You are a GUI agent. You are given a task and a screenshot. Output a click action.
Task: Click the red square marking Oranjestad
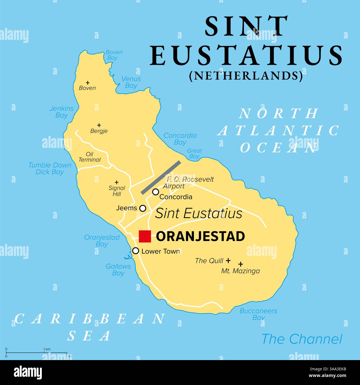[145, 236]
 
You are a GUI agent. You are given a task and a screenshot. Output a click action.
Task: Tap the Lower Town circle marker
[135, 251]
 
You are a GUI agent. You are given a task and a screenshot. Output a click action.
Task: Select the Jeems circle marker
[143, 208]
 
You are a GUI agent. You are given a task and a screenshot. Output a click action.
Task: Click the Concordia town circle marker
[156, 192]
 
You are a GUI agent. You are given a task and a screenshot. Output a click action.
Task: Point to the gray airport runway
[161, 177]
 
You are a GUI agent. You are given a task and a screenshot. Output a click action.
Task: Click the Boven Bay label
[114, 55]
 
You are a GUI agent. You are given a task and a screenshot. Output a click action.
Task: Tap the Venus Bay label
[131, 82]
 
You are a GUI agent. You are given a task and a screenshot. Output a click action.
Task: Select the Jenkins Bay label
[61, 112]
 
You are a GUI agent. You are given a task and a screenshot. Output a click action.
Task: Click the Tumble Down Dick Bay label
[50, 168]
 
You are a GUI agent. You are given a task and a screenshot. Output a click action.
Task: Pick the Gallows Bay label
[118, 269]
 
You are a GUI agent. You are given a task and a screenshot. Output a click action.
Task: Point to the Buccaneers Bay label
[258, 314]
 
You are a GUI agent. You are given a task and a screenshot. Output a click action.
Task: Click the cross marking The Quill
[228, 260]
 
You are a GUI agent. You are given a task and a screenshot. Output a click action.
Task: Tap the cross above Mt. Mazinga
[241, 264]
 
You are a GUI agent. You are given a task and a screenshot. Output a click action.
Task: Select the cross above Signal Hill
[117, 182]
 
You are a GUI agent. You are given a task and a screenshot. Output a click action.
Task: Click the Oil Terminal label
[89, 157]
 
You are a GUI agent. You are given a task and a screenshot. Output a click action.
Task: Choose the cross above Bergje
[99, 125]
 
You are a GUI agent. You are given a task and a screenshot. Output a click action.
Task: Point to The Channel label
[302, 339]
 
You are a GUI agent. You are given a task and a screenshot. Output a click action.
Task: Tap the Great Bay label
[194, 153]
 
